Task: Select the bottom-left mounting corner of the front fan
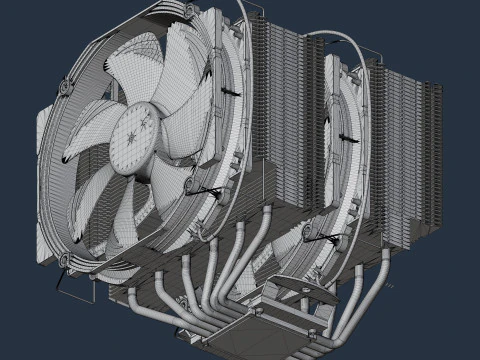tap(68, 262)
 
